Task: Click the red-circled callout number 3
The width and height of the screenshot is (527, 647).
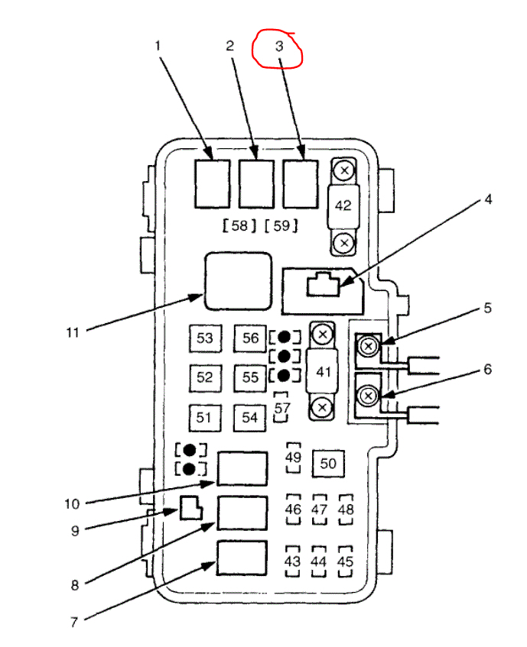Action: click(279, 47)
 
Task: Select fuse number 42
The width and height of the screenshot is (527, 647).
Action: click(344, 206)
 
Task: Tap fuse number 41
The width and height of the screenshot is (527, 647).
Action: click(323, 371)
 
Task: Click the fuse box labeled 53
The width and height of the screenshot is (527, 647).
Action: click(205, 338)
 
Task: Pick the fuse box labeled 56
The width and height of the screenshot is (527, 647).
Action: click(250, 338)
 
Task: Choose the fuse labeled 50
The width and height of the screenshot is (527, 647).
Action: click(328, 463)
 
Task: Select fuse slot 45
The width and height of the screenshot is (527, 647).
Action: click(346, 561)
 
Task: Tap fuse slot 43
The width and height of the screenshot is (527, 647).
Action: click(292, 561)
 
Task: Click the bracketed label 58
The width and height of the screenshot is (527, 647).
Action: click(239, 226)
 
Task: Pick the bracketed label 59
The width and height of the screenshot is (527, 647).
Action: click(281, 226)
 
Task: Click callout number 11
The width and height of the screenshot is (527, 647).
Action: click(73, 332)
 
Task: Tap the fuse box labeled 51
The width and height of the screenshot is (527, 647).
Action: click(203, 417)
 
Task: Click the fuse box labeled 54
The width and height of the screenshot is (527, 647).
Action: click(250, 417)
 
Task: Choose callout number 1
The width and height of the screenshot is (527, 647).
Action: click(158, 46)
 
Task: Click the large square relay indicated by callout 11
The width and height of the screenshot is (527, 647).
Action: click(237, 282)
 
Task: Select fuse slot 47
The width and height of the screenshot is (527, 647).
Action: click(320, 510)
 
